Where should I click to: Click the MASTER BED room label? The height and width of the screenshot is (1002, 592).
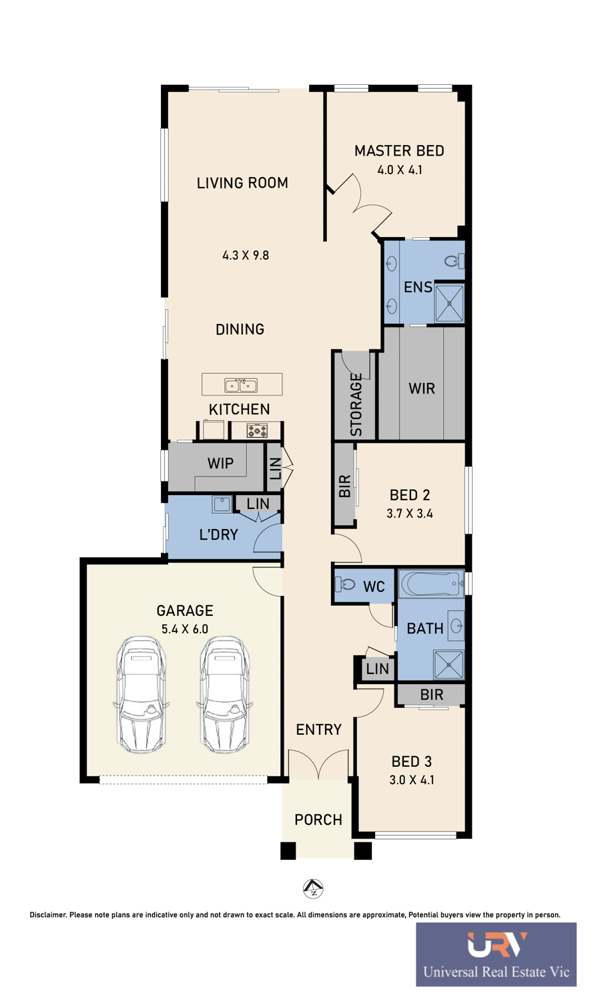click(x=399, y=151)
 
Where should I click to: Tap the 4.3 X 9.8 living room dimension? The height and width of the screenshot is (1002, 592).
click(x=246, y=255)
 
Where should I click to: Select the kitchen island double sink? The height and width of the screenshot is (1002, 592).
click(x=241, y=385)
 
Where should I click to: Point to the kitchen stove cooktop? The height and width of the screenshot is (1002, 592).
click(x=257, y=431)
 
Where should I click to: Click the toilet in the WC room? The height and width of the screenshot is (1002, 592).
click(x=345, y=584)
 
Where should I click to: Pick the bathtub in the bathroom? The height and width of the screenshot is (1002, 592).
click(x=432, y=583)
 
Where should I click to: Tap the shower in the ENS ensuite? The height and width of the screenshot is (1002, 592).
click(x=449, y=303)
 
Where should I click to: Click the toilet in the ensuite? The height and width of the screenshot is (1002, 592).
click(x=455, y=261)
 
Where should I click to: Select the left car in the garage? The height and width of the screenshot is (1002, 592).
click(x=141, y=694)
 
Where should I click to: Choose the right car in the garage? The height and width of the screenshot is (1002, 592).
click(x=224, y=694)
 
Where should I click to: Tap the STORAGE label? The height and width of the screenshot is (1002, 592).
click(x=356, y=404)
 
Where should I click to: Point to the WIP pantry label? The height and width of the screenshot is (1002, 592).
click(x=220, y=463)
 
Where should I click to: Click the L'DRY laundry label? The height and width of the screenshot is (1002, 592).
click(x=218, y=534)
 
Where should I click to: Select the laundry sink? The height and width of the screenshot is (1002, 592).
click(x=221, y=504)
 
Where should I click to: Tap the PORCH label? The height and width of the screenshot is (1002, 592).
click(x=318, y=820)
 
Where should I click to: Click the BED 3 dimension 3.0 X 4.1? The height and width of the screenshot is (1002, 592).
click(x=412, y=780)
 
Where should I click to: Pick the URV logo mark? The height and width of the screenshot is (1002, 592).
click(x=497, y=945)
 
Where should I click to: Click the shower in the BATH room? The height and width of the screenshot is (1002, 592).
click(x=449, y=665)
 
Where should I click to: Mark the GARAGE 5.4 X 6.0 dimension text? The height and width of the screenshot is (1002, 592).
click(x=184, y=629)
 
